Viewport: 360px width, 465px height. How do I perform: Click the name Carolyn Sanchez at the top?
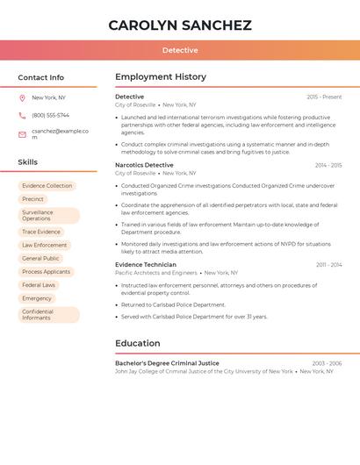click(x=180, y=25)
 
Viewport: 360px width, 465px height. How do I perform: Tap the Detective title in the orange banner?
click(x=180, y=50)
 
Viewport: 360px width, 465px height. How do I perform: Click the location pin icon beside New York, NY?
click(x=22, y=98)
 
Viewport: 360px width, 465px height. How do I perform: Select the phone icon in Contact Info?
click(x=22, y=116)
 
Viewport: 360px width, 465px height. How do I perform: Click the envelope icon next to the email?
click(x=22, y=134)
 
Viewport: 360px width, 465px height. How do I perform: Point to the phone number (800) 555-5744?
click(x=50, y=116)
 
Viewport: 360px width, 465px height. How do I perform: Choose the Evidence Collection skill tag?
click(x=47, y=186)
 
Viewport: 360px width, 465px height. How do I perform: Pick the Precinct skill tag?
click(x=32, y=199)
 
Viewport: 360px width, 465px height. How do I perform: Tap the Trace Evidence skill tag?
click(x=41, y=232)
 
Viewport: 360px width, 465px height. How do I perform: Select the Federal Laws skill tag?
click(x=39, y=285)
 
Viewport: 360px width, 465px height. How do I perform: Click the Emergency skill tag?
click(x=37, y=298)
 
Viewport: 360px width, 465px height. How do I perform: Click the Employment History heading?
click(x=161, y=77)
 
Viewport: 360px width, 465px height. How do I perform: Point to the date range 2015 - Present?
click(x=324, y=97)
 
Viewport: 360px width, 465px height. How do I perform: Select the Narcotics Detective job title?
click(x=144, y=165)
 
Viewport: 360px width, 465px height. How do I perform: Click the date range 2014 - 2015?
click(x=328, y=165)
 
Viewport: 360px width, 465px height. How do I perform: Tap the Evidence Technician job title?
click(x=146, y=264)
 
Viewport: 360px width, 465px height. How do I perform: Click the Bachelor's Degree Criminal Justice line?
click(x=167, y=363)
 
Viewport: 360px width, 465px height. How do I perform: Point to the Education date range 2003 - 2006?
click(x=327, y=363)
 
